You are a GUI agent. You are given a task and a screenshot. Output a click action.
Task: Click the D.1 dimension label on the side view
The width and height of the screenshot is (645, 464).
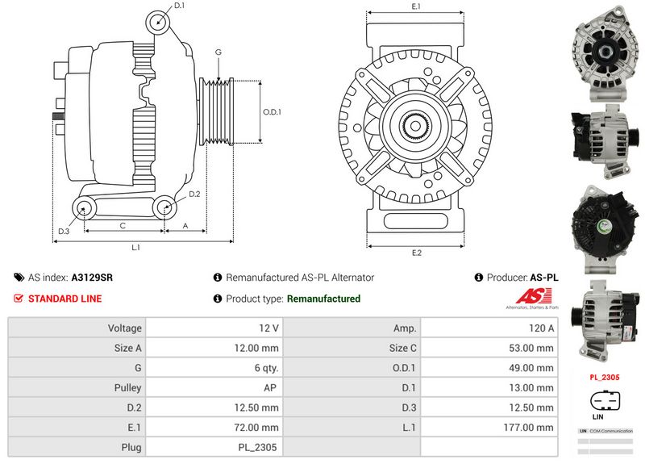tap(179, 6)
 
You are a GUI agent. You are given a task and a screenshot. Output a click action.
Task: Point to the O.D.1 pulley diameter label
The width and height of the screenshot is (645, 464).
tap(272, 111)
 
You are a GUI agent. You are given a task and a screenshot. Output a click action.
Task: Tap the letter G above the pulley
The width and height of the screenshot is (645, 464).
tap(218, 52)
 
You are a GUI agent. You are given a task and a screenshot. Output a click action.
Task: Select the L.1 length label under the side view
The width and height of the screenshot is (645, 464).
tap(136, 248)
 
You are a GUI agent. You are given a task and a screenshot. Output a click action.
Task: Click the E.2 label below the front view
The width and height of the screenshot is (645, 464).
tap(417, 253)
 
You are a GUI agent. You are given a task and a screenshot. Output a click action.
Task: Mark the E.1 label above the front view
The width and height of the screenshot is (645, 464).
tap(416, 6)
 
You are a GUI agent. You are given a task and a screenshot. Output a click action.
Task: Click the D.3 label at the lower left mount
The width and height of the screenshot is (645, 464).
tap(64, 232)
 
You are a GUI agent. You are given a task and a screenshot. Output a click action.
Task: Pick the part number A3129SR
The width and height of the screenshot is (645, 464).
tap(92, 278)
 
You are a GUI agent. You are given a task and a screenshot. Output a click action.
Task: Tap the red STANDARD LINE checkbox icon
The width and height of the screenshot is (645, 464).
tap(19, 299)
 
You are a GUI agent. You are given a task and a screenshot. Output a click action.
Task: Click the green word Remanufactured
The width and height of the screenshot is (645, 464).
tap(323, 299)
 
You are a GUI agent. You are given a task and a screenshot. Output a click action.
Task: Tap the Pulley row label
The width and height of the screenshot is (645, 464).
tap(127, 388)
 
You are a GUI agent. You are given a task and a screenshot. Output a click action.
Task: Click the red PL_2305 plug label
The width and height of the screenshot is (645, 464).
tap(604, 377)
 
